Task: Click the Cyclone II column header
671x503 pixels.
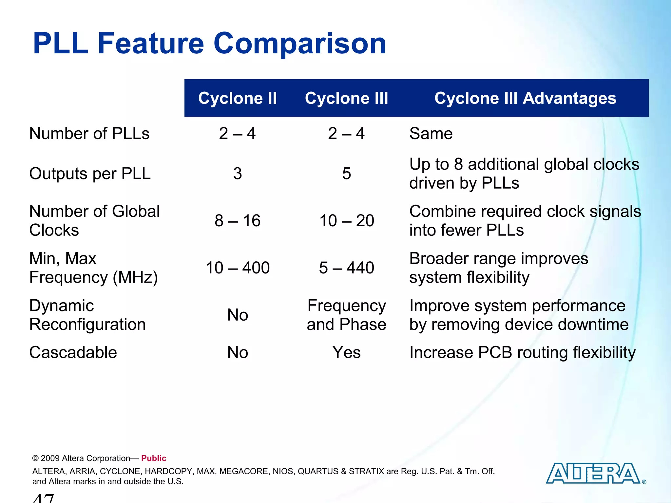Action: pyautogui.click(x=238, y=98)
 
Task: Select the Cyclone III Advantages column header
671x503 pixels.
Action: pyautogui.click(x=525, y=98)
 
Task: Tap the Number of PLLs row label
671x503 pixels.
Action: pyautogui.click(x=89, y=134)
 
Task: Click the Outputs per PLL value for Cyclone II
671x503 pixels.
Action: pyautogui.click(x=238, y=174)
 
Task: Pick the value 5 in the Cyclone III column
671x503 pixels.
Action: pyautogui.click(x=346, y=174)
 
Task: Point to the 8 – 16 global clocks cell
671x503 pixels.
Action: pyautogui.click(x=238, y=221)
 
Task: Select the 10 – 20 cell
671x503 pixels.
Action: pyautogui.click(x=347, y=221)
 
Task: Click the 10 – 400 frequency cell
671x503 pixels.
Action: pyautogui.click(x=238, y=268)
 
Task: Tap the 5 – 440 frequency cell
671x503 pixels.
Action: pyautogui.click(x=347, y=268)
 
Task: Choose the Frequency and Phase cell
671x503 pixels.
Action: pyautogui.click(x=347, y=315)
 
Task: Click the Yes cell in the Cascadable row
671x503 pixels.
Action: pyautogui.click(x=347, y=353)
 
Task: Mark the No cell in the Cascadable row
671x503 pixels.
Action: pyautogui.click(x=238, y=353)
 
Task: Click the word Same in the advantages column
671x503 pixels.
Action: pyautogui.click(x=431, y=134)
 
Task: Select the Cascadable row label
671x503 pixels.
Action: pyautogui.click(x=73, y=353)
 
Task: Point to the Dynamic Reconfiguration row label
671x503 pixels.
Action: pyautogui.click(x=87, y=315)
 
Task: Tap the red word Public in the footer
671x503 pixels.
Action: pyautogui.click(x=154, y=458)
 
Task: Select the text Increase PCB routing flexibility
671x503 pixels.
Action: pyautogui.click(x=522, y=353)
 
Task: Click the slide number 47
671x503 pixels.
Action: pyautogui.click(x=44, y=498)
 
